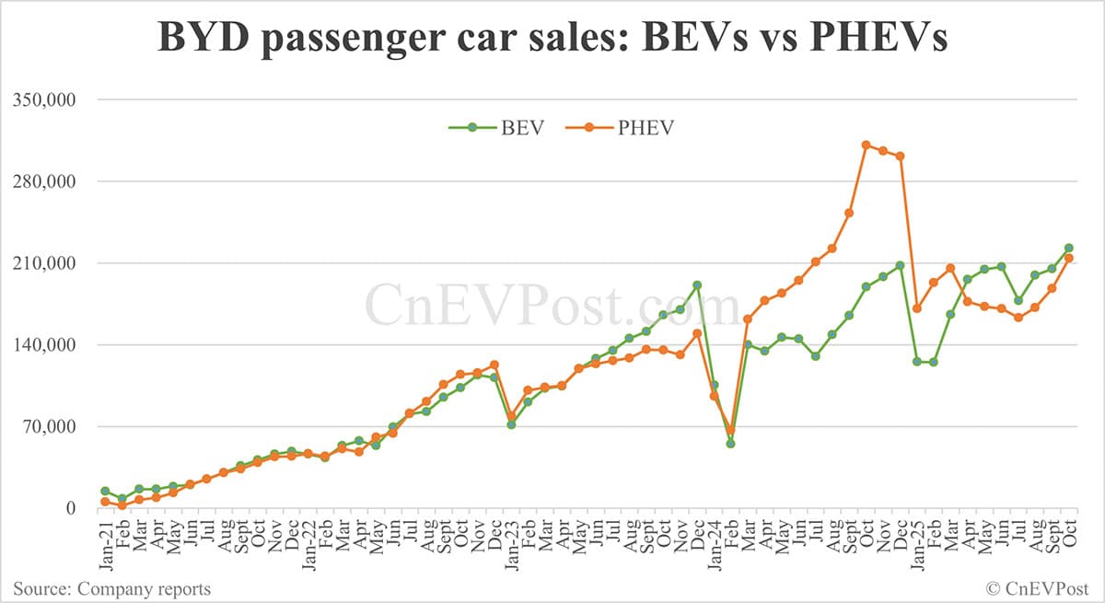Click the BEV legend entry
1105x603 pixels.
496,127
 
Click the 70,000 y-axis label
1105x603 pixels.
52,426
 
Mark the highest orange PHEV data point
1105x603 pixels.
866,145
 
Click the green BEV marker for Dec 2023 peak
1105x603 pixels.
697,285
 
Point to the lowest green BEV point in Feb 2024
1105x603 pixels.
730,444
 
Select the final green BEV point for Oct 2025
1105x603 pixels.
1068,248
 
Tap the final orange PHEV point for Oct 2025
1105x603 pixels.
1068,258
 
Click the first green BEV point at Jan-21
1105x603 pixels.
105,492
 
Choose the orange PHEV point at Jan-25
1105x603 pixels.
916,308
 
